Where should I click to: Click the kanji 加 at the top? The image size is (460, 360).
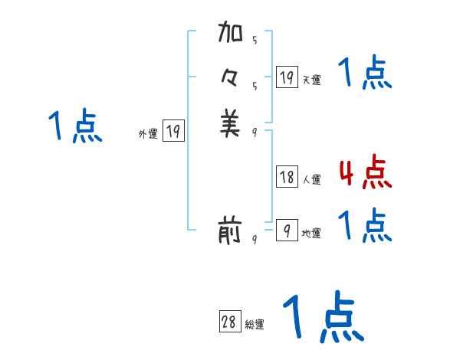click(x=230, y=34)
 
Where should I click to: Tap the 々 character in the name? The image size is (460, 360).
click(x=230, y=79)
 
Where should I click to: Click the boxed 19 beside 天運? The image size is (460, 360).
click(x=287, y=77)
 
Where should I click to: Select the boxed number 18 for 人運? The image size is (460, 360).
click(x=287, y=178)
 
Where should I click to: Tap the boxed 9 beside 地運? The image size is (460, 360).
click(x=287, y=231)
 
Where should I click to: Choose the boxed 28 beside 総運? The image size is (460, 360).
click(x=229, y=322)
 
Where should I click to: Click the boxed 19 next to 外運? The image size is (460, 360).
click(x=173, y=132)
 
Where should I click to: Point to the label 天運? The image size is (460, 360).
click(x=311, y=80)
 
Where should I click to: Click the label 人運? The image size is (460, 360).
click(x=311, y=180)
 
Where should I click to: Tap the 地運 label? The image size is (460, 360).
click(x=311, y=233)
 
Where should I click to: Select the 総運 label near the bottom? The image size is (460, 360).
click(x=255, y=325)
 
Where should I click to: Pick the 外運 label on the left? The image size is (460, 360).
click(x=148, y=134)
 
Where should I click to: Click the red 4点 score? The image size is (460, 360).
click(x=365, y=172)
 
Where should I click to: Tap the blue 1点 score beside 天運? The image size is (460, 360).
click(x=365, y=74)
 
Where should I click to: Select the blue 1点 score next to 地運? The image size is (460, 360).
click(x=365, y=225)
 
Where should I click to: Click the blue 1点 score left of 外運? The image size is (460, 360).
click(x=75, y=126)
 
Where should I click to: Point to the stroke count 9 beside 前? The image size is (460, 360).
click(x=255, y=239)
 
